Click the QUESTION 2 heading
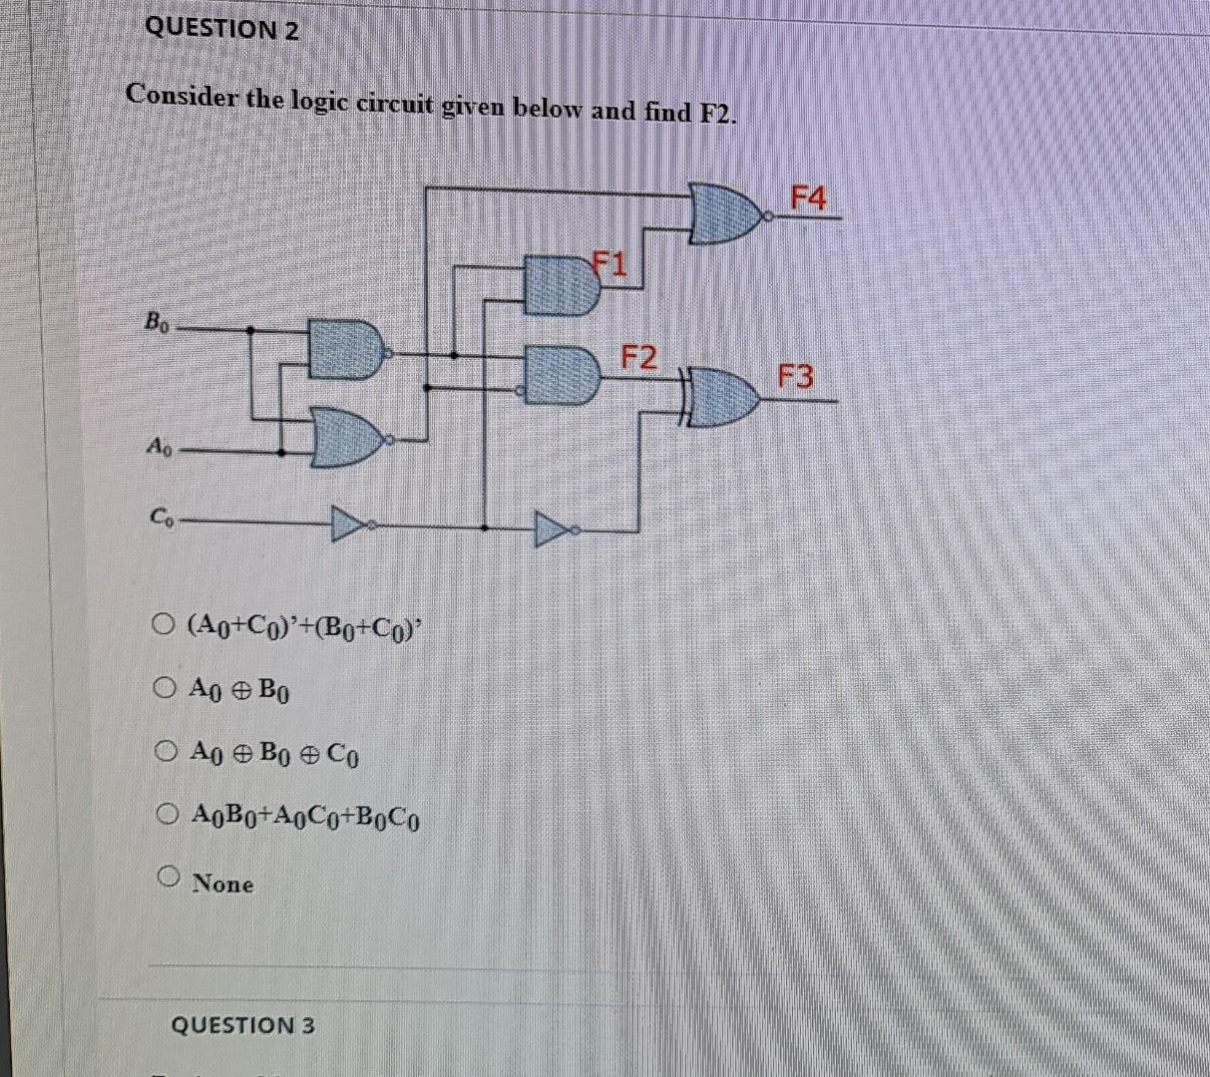click(x=221, y=29)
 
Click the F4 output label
click(x=808, y=198)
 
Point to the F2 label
click(x=639, y=356)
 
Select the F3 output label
click(x=796, y=377)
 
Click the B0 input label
click(x=158, y=322)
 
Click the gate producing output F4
click(x=727, y=213)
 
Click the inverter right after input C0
click(x=349, y=523)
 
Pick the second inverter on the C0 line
click(x=553, y=528)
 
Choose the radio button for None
click(x=169, y=878)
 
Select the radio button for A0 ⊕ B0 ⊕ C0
click(x=167, y=750)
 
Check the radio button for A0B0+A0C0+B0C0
click(x=167, y=816)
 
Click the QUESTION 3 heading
click(x=242, y=1025)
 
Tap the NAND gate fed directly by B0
click(x=345, y=349)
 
